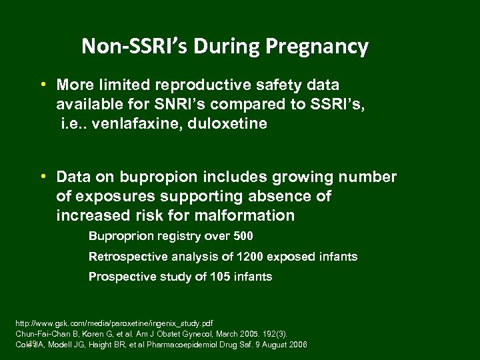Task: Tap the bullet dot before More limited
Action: (41, 85)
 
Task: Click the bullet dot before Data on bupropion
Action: (41, 177)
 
